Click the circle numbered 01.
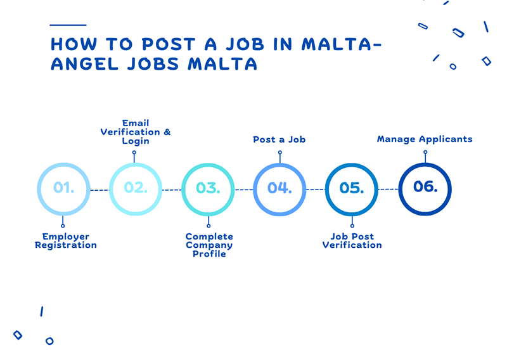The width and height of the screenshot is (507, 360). [x=63, y=189]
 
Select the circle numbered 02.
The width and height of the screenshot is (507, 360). [x=136, y=189]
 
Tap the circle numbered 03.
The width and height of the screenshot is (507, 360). [x=208, y=189]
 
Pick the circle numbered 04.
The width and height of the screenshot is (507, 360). [x=279, y=189]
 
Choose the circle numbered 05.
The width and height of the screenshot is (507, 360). [x=352, y=189]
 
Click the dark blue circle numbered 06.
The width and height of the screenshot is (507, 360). [x=425, y=188]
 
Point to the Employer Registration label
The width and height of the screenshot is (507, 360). [x=66, y=241]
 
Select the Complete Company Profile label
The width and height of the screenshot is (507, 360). [x=209, y=245]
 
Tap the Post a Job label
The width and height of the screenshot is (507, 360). [x=279, y=139]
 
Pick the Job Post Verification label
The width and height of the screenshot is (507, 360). [x=352, y=241]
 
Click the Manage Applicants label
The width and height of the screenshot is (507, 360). [x=425, y=139]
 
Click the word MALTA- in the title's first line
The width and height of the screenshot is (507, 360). [x=343, y=44]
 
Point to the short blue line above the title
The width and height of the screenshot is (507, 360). [x=68, y=25]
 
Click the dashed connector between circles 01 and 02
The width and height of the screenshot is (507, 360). [x=99, y=190]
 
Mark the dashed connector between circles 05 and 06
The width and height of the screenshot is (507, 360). [x=388, y=190]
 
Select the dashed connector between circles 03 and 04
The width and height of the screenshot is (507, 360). [x=243, y=190]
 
